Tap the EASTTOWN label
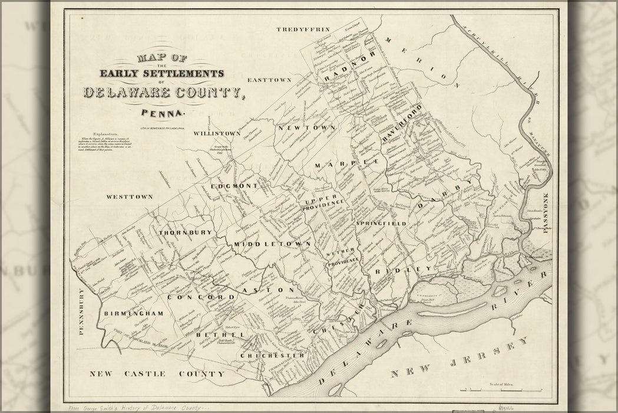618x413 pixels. pyautogui.click(x=270, y=79)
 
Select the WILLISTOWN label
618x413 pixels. pyautogui.click(x=217, y=133)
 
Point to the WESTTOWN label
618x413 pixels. pyautogui.click(x=130, y=196)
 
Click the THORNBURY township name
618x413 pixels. pyautogui.click(x=185, y=232)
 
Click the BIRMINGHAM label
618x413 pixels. pyautogui.click(x=133, y=313)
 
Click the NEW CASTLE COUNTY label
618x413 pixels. pyautogui.click(x=157, y=373)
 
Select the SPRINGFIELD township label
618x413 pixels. pyautogui.click(x=381, y=224)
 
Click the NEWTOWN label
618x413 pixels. pyautogui.click(x=299, y=127)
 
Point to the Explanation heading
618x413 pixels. pyautogui.click(x=105, y=135)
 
